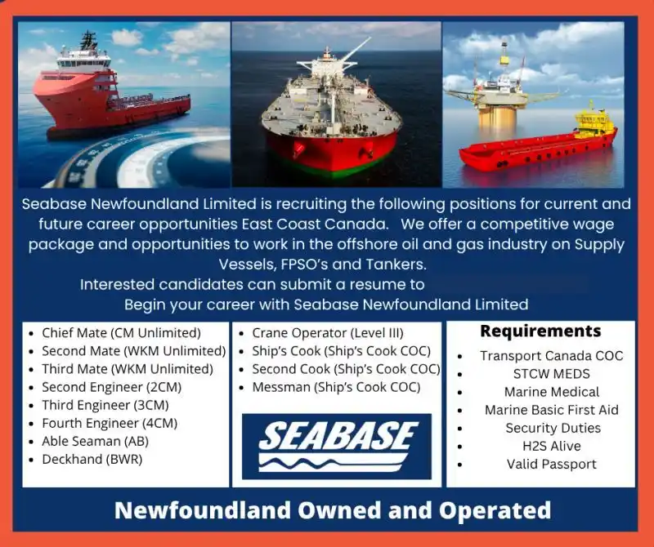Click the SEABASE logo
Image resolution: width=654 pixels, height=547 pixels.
point(337,446)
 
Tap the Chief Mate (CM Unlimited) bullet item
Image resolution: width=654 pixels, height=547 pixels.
point(120,333)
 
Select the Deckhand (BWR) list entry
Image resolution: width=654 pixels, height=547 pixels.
point(92,459)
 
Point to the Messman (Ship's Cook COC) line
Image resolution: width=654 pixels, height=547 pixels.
point(336,387)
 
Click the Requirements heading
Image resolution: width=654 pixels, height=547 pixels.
point(540,331)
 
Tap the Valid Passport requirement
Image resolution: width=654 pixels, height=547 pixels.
point(551,464)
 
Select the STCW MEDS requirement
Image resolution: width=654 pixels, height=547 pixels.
point(551,374)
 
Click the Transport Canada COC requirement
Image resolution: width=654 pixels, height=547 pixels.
point(551,356)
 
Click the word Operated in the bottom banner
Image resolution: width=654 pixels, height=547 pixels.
point(495,511)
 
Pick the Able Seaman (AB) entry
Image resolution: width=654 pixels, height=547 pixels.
point(95,441)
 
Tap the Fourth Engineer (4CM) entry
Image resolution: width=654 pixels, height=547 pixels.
point(109,423)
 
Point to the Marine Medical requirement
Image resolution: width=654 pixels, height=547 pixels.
point(551,392)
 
